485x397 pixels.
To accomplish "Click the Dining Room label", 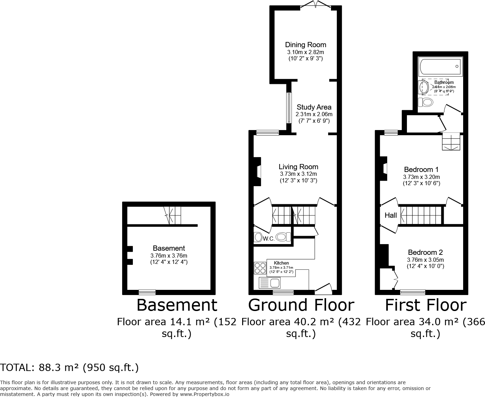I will pos(305,45).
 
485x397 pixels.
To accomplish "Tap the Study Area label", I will pos(314,107).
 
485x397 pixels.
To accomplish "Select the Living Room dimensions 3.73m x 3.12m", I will pos(298,174).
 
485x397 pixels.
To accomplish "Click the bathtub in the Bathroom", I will pos(440,67).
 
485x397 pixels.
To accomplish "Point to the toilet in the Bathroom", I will pos(426,102).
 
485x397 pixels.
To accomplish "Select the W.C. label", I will pos(269,239).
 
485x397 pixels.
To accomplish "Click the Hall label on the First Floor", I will pos(391,215).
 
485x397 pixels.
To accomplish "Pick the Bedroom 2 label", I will pos(425,252).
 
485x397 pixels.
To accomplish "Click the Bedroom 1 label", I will pos(421,170).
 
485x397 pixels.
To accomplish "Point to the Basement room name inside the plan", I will pos(169,248).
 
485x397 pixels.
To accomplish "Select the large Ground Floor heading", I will pos(301,305).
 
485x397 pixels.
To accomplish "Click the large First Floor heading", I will pos(426,305).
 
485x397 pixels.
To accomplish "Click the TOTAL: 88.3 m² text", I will pos(69,368).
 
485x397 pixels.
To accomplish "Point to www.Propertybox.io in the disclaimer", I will pos(205,394).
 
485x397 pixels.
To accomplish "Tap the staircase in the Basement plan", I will pos(173,215).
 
